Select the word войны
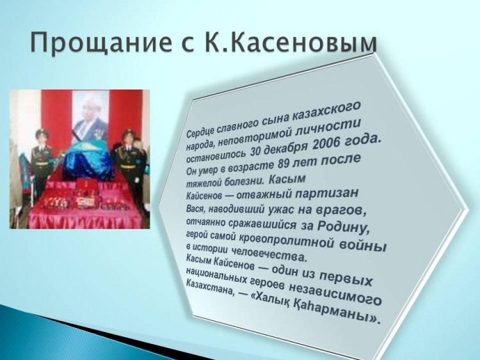coord(363,245)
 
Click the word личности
coord(329,128)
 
